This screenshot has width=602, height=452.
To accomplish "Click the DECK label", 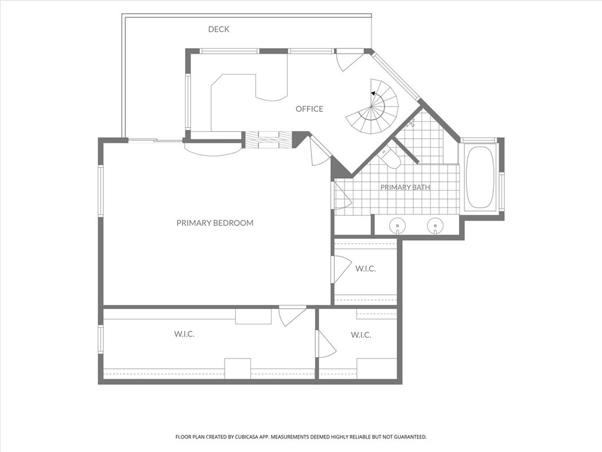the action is (219, 29).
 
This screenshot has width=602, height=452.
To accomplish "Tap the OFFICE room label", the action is (309, 109).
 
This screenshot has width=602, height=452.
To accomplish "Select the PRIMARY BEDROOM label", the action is (215, 223).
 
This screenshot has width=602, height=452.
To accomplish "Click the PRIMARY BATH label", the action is (405, 187).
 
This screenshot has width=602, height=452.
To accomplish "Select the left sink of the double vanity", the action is (398, 225).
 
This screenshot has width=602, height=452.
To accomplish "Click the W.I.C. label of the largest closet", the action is (184, 334).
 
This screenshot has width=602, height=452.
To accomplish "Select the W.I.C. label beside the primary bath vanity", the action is (366, 268).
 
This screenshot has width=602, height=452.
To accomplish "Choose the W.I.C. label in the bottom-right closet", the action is (361, 335).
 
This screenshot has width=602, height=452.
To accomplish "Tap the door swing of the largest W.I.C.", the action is (292, 316).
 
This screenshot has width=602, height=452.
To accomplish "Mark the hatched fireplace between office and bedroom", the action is (268, 139).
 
